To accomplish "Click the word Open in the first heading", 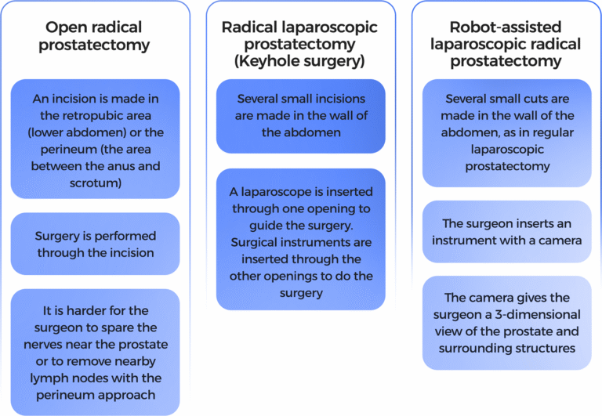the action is click(x=63, y=27).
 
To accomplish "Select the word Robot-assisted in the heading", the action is click(x=506, y=27).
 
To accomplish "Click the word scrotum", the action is click(x=94, y=183).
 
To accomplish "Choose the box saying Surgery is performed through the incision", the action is click(x=95, y=244).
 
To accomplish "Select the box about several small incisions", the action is click(x=301, y=116).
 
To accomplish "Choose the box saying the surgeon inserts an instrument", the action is click(x=507, y=232).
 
